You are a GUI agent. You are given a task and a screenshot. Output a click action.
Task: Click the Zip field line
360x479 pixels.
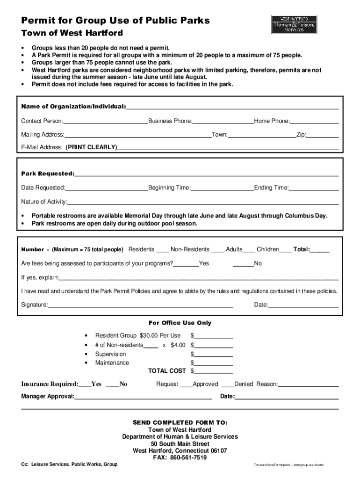tap(323, 136)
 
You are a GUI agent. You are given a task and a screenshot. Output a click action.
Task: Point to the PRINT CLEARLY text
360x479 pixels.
tap(91, 147)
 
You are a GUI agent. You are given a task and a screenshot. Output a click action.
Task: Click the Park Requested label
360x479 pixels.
tap(47, 174)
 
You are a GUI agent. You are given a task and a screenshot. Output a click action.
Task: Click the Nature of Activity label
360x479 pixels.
tap(44, 202)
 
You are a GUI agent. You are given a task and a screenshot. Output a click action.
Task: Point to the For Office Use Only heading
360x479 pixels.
tap(180, 323)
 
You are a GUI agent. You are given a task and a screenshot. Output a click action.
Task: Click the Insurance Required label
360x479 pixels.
tap(50, 385)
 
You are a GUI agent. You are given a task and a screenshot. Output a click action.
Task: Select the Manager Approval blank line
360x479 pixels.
tap(143, 398)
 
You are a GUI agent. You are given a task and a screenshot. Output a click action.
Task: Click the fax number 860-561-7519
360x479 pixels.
tap(188, 458)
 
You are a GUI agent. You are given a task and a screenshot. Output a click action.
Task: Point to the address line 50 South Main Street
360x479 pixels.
tap(180, 444)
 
